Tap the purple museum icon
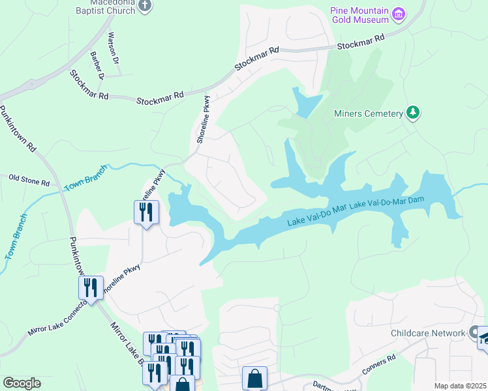click(x=399, y=13)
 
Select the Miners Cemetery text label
click(x=369, y=114)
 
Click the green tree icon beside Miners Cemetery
click(x=412, y=113)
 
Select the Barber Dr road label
click(x=98, y=65)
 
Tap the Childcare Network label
click(x=427, y=333)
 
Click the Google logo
click(x=22, y=383)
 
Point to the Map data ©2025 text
click(x=460, y=386)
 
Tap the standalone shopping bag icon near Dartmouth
click(x=254, y=378)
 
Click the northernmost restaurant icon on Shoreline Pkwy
click(x=146, y=212)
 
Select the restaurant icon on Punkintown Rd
click(x=91, y=287)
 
